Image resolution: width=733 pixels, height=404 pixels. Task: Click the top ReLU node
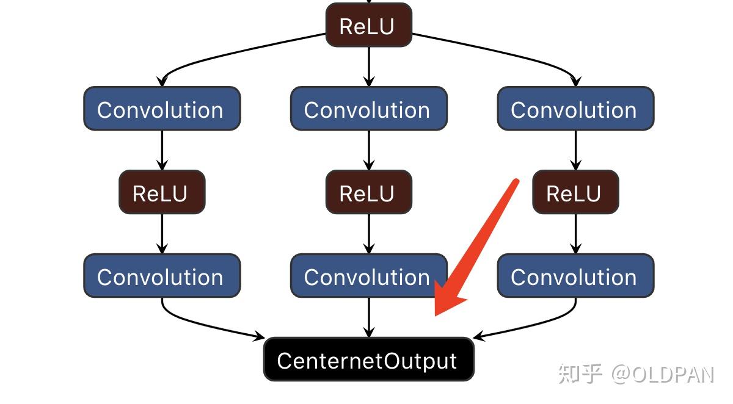(368, 26)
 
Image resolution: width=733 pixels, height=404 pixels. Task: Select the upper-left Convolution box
(161, 109)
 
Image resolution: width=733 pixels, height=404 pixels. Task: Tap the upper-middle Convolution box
(368, 109)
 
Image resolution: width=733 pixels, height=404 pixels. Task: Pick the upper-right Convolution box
(575, 109)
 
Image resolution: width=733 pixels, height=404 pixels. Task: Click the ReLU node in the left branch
(161, 193)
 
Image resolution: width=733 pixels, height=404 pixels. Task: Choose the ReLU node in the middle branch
(368, 193)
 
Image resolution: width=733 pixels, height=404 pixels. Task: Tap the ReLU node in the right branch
(575, 193)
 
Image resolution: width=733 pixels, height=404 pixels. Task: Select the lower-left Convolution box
(161, 276)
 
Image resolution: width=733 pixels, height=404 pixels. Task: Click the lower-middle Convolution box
(368, 276)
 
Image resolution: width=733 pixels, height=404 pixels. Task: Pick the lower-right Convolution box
(575, 276)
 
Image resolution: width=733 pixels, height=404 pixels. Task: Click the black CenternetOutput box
(368, 360)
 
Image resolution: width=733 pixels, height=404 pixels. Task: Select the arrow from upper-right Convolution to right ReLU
(575, 150)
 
